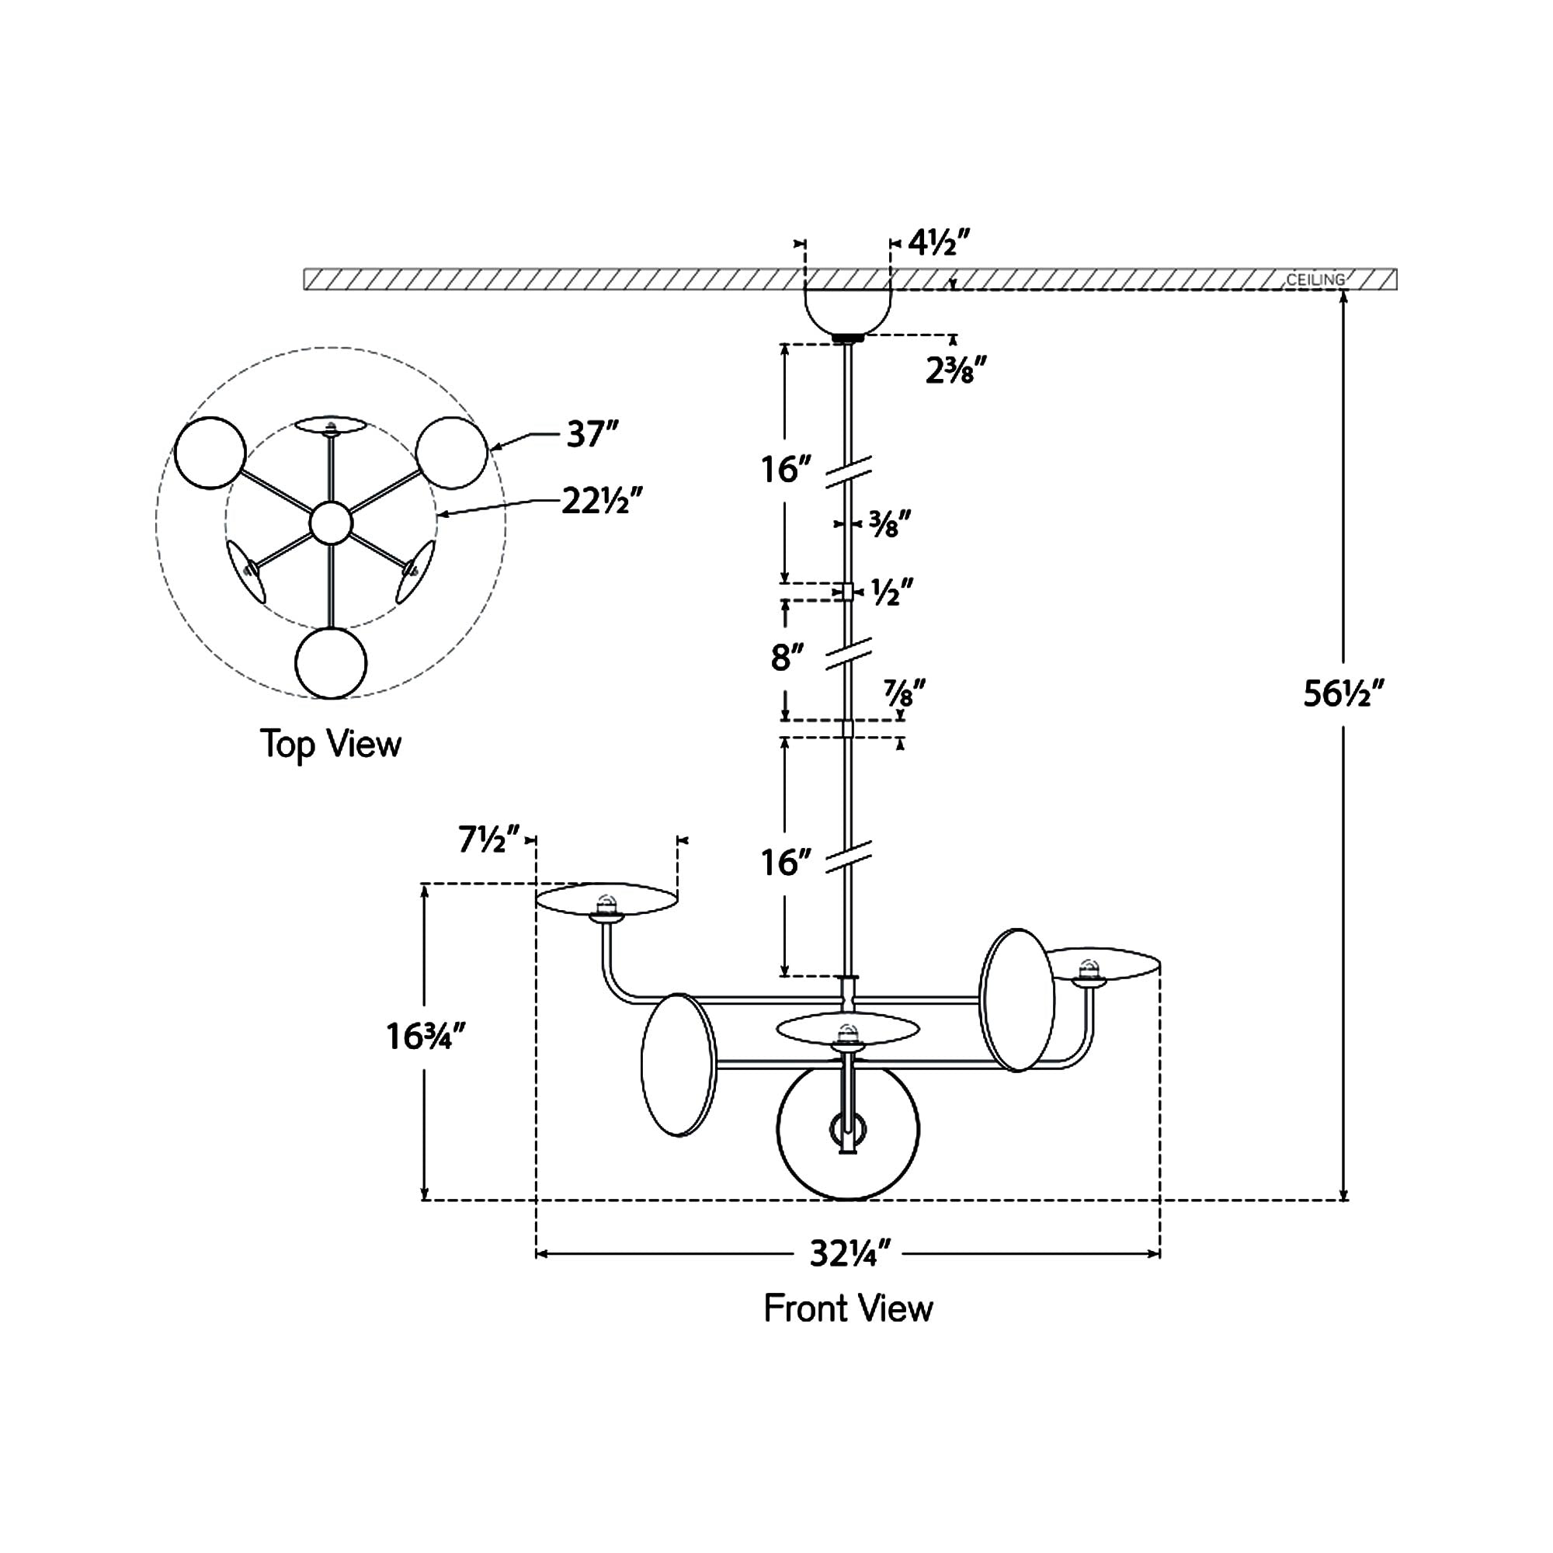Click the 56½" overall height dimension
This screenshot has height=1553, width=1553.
click(x=1343, y=693)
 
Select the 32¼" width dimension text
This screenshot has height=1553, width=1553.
click(x=849, y=1253)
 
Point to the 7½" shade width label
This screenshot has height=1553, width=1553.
click(x=488, y=839)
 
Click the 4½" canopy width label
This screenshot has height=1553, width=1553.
click(x=940, y=241)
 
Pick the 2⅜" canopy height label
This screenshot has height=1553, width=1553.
click(x=955, y=371)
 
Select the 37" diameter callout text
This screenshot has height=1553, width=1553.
click(x=592, y=435)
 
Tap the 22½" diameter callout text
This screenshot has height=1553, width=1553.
click(x=602, y=502)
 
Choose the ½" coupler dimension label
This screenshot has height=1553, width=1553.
click(x=892, y=592)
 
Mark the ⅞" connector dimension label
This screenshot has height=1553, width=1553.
click(x=904, y=692)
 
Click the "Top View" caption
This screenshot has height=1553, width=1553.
click(x=330, y=745)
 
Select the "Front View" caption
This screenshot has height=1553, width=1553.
click(x=848, y=1308)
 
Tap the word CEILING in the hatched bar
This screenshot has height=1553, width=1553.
click(x=1315, y=280)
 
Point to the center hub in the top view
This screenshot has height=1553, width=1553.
click(x=330, y=523)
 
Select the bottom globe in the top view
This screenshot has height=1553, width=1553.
click(x=330, y=663)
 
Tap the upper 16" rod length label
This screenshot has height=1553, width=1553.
click(x=784, y=470)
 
